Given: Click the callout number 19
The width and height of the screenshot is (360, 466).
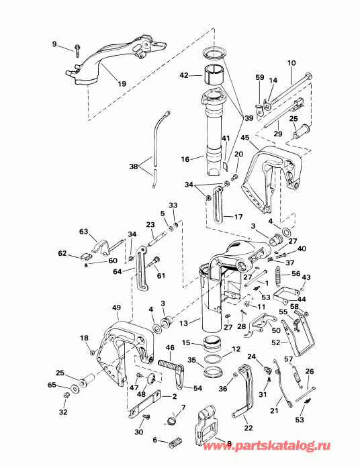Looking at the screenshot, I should pyautogui.click(x=122, y=84).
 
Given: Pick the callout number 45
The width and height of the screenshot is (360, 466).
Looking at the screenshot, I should pyautogui.click(x=245, y=138).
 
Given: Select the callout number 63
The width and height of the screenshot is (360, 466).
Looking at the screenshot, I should pyautogui.click(x=84, y=232).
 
